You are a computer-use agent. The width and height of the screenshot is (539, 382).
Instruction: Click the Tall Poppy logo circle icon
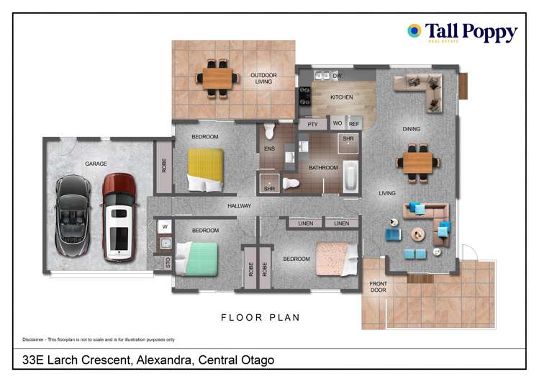click(414, 31)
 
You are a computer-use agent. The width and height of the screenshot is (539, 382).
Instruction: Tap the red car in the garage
click(119, 217)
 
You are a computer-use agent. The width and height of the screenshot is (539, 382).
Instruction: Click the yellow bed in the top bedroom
click(205, 169)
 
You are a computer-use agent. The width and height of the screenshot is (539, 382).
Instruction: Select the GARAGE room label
click(96, 164)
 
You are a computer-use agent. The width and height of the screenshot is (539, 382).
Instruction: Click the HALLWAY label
click(239, 206)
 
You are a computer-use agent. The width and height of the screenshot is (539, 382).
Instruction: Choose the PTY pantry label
click(312, 124)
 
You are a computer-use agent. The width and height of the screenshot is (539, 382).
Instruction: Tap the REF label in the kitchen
click(354, 124)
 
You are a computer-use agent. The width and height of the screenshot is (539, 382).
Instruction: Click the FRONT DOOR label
click(378, 287)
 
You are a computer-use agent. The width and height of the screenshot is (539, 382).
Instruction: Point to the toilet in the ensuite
click(269, 131)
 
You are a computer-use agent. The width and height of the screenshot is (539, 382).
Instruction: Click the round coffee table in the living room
click(418, 234)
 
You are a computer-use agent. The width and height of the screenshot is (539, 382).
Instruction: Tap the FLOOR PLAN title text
click(260, 317)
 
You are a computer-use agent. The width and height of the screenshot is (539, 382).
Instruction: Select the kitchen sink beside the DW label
click(322, 75)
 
